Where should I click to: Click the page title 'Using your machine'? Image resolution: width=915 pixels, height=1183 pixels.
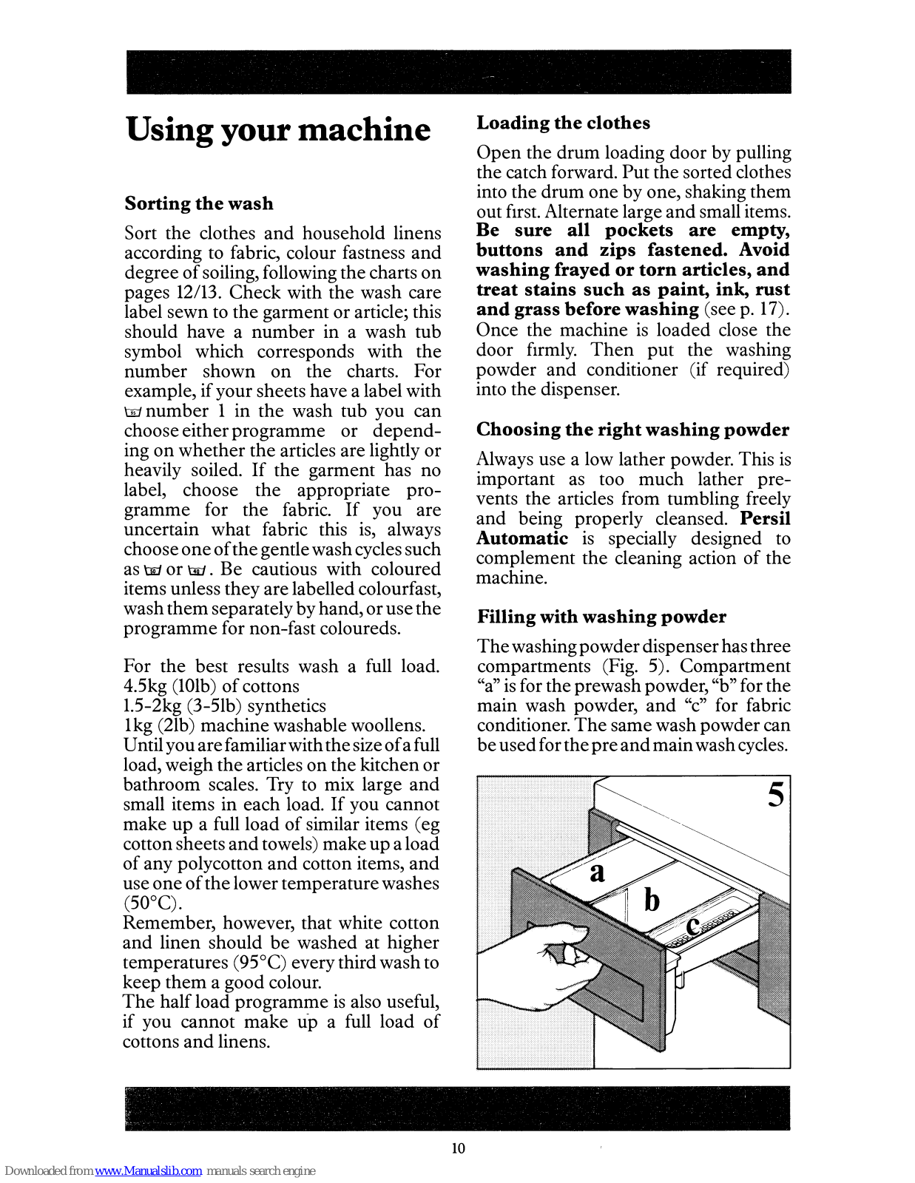pos(278,130)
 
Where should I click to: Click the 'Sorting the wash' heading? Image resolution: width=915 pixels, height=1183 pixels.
pos(199,203)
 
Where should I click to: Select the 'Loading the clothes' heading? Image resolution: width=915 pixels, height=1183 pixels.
pos(563,123)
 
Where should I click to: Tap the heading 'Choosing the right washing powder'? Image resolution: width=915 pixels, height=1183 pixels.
pos(632,430)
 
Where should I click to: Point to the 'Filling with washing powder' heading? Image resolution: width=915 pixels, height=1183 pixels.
pos(601,617)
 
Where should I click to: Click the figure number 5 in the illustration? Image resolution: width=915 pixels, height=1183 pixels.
pos(776,795)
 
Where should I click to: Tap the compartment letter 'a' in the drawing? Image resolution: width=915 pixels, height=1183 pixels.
pos(597,873)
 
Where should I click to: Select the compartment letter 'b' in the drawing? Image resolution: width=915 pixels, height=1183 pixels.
pos(652,900)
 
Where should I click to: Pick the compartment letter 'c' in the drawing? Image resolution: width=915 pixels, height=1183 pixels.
pos(693,926)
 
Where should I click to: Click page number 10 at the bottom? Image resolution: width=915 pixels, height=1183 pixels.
pos(459,1148)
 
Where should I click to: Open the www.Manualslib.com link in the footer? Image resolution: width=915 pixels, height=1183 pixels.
pos(148,1171)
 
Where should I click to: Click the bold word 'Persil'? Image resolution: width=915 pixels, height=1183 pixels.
pos(766,518)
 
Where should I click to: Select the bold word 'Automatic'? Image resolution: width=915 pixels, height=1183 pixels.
pos(522,538)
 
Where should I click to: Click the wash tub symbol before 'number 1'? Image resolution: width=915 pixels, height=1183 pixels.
pos(133,413)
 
